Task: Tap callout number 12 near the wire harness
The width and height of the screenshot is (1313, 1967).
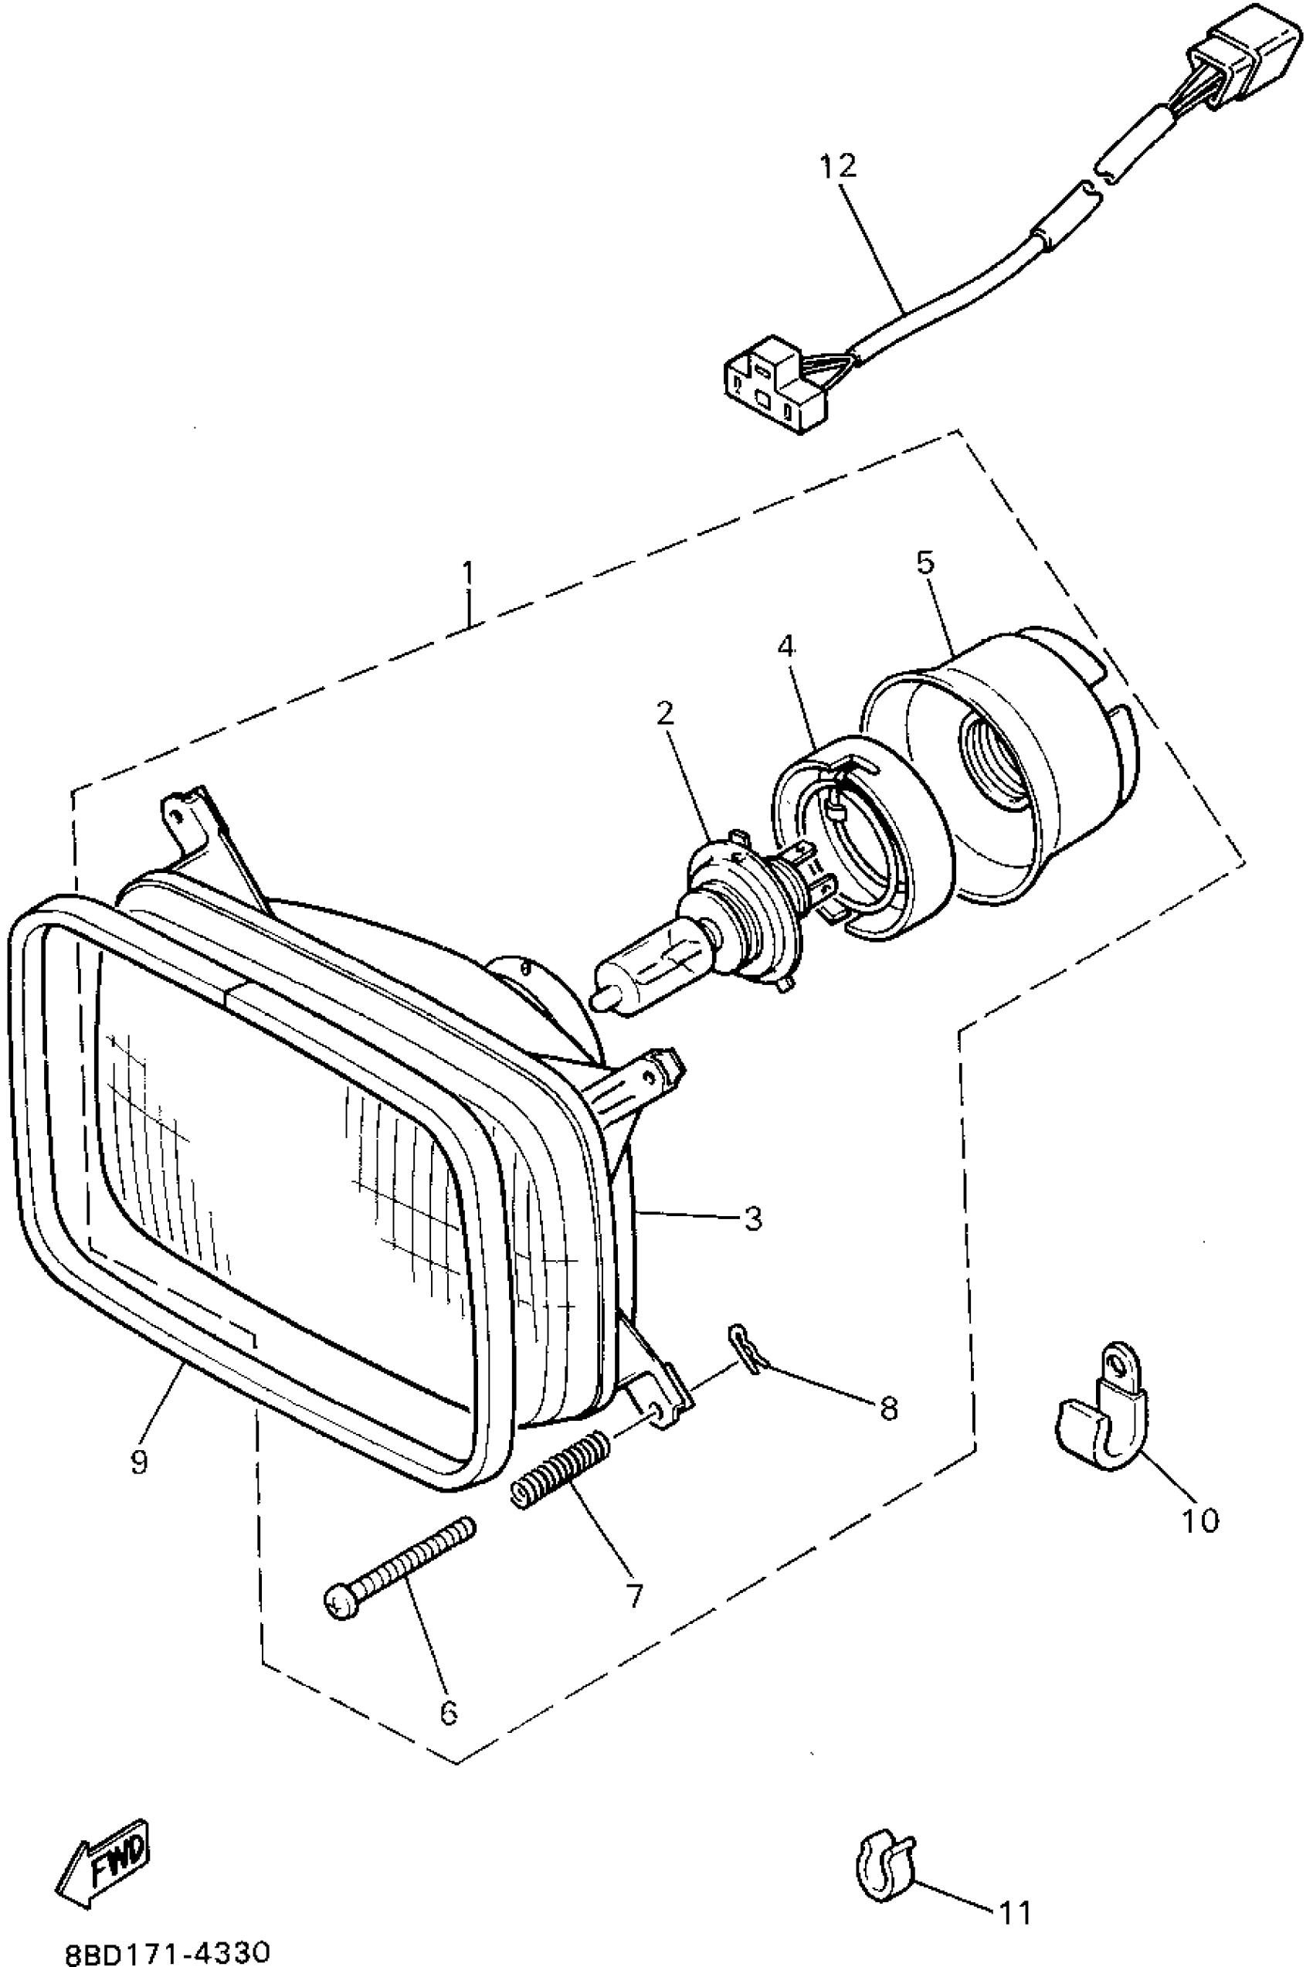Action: click(x=838, y=166)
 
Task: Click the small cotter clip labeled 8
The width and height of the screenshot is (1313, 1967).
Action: click(x=745, y=1349)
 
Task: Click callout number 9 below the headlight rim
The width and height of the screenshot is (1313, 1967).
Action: click(x=138, y=1461)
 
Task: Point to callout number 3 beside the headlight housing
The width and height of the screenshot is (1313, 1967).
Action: click(x=753, y=1218)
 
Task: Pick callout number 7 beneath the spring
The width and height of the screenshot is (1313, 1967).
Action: click(x=634, y=1596)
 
